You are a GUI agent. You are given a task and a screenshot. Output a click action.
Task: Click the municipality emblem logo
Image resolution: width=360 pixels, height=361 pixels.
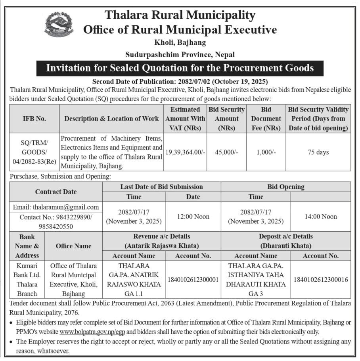click(59, 25)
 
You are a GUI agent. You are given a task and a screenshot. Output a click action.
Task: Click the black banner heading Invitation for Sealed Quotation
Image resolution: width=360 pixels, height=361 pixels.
click(180, 68)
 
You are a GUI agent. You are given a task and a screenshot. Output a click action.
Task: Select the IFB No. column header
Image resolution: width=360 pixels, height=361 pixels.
click(34, 119)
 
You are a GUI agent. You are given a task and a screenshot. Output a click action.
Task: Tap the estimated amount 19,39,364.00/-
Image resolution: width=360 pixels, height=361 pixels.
click(185, 152)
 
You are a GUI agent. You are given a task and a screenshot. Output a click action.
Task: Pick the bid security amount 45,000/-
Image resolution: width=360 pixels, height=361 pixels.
click(226, 152)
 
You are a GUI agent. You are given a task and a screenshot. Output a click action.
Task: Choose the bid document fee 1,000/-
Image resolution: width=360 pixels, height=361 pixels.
click(266, 152)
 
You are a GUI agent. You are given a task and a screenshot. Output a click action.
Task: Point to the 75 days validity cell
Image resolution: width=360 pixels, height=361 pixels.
click(318, 152)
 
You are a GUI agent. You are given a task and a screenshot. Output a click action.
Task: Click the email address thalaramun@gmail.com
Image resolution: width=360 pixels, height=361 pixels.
click(56, 207)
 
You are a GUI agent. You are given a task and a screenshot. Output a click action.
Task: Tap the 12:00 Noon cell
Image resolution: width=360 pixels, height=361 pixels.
click(193, 217)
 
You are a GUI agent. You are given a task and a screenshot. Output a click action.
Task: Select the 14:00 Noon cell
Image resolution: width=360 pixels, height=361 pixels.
click(321, 217)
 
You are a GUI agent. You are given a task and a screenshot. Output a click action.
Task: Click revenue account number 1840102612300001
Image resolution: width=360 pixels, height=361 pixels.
click(193, 280)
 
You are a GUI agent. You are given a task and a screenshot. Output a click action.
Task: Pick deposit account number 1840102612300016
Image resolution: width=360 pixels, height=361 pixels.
click(321, 280)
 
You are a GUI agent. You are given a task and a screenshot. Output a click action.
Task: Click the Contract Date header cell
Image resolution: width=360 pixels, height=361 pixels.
click(56, 192)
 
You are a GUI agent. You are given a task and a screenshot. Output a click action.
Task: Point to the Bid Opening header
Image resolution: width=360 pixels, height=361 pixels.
click(286, 186)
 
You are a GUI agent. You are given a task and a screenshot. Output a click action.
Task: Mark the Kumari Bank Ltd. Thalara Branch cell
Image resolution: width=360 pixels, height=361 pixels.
click(27, 280)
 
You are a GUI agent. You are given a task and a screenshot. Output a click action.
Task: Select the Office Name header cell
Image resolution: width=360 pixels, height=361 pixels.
click(73, 246)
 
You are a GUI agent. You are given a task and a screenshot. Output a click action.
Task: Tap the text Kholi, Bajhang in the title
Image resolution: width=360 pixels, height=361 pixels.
click(180, 42)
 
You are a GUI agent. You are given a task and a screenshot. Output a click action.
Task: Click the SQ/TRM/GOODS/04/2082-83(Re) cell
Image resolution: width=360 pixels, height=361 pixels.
click(34, 152)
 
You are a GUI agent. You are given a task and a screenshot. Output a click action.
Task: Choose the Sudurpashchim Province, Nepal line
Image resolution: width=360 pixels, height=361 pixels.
click(180, 54)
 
